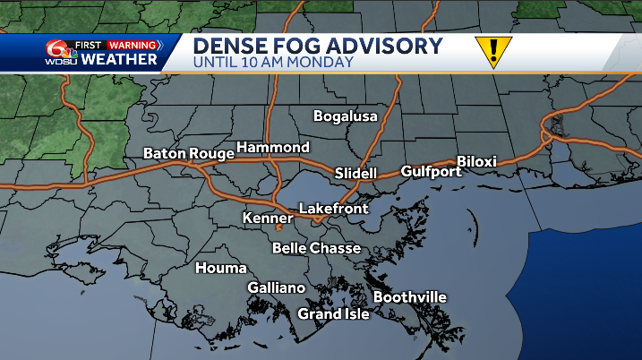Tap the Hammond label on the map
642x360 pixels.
273,147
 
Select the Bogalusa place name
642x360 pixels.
346,116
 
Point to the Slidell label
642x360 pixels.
355,172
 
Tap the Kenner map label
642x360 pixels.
268,218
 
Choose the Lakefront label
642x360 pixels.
333,209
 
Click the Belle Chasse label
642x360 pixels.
316,248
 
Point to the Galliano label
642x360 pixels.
277,287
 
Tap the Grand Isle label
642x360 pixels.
333,314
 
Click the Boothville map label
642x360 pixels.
409,297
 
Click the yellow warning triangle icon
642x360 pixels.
492,51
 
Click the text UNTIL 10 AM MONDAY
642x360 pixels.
273,63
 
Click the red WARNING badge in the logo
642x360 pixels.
133,45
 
